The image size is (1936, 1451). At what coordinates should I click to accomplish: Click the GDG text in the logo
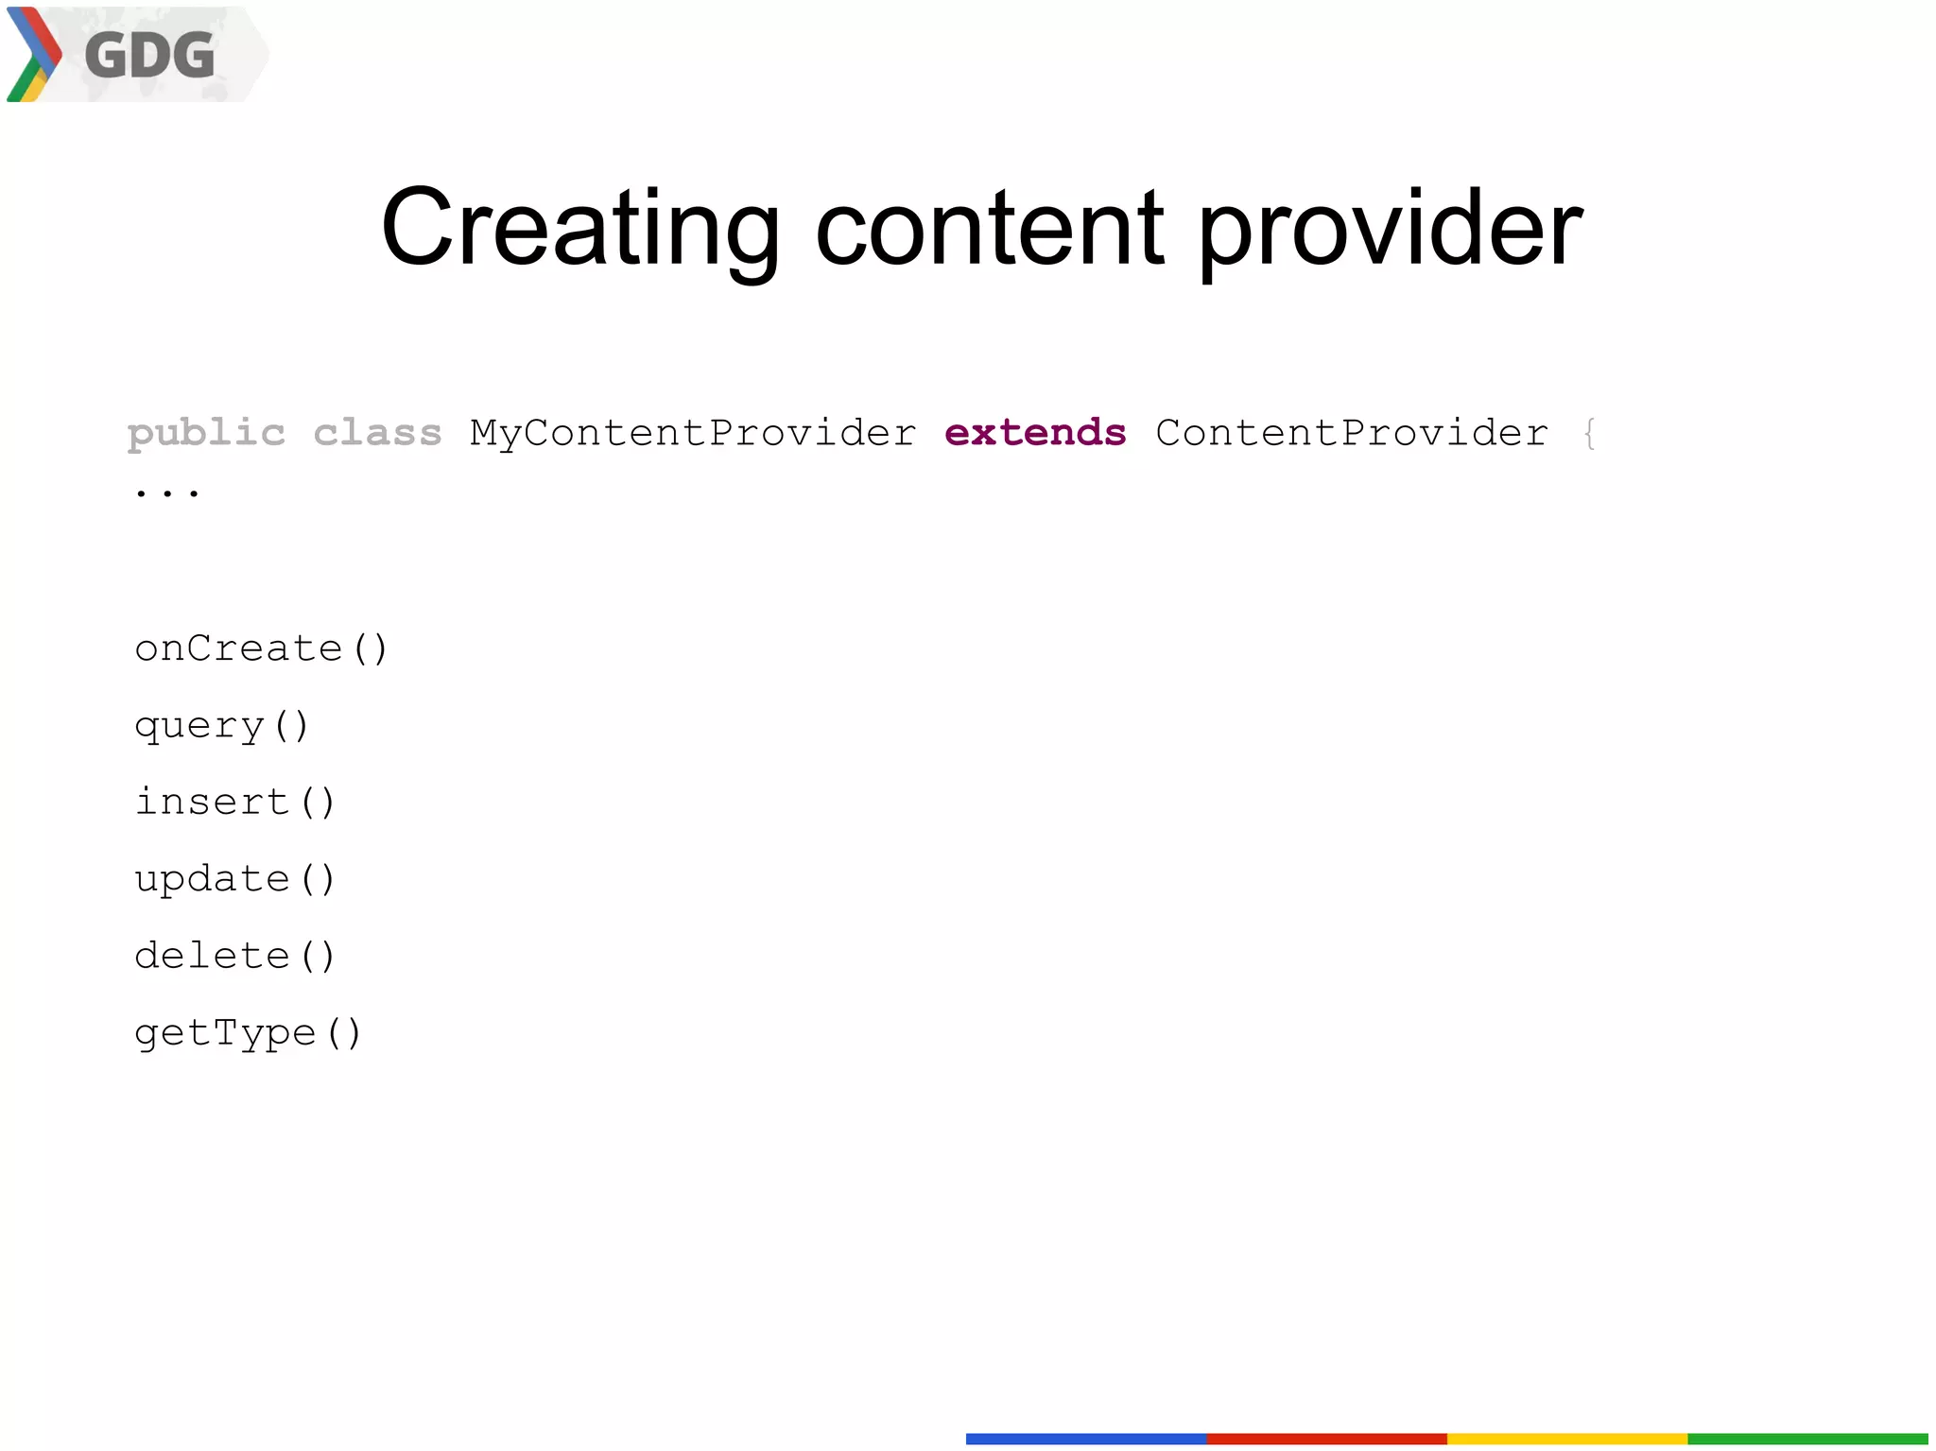pos(149,55)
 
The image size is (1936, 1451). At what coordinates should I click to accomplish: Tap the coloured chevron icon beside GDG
pos(34,55)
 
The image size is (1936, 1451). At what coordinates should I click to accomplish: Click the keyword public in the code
pos(206,434)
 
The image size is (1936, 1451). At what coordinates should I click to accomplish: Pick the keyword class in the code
pos(377,434)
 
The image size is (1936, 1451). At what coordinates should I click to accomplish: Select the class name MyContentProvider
pos(693,434)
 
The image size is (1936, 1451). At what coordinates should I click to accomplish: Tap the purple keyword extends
pos(1035,434)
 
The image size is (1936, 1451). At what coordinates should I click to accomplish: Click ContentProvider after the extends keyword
pos(1352,434)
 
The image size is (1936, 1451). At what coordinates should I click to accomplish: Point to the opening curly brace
pos(1590,434)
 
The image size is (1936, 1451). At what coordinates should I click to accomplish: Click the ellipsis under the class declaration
pos(167,492)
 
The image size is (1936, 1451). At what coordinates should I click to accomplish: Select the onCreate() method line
pos(261,649)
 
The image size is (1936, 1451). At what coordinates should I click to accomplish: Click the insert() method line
pos(234,803)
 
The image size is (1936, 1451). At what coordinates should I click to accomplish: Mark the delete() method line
pos(234,957)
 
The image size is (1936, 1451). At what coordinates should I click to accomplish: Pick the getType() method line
pos(248,1033)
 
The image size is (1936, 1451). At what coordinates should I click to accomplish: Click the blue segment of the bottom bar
pos(1085,1439)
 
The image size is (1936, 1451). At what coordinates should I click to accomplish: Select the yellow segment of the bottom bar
pos(1566,1439)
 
